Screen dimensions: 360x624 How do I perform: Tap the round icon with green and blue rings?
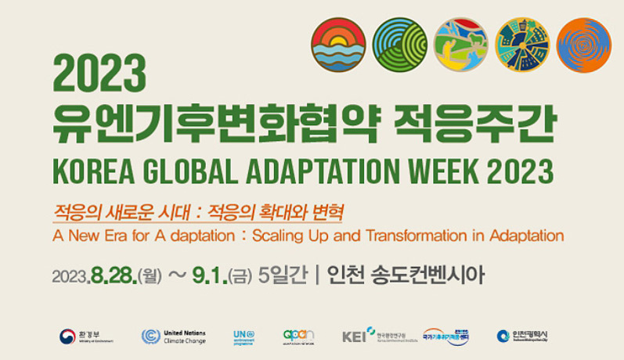(399, 45)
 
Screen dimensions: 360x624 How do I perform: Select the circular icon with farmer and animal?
(460, 45)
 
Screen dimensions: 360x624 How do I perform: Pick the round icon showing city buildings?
(522, 45)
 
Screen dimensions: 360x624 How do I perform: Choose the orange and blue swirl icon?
(583, 45)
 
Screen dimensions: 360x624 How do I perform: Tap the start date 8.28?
(114, 275)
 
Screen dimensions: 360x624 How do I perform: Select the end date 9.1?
(209, 275)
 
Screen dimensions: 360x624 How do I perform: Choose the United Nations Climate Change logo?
(174, 337)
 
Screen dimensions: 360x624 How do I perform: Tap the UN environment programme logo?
(243, 337)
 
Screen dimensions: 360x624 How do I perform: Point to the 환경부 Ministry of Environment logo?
(87, 337)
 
